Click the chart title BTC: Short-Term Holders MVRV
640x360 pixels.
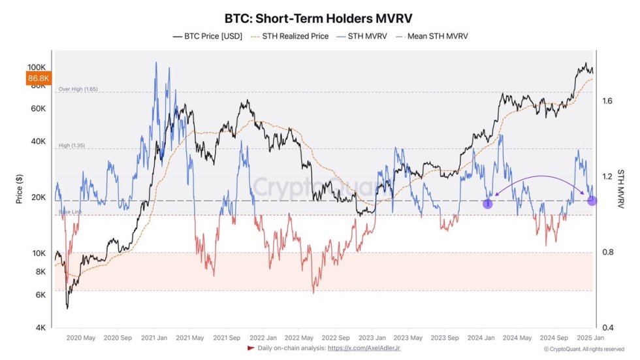(320, 18)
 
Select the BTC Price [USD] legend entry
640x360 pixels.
(207, 37)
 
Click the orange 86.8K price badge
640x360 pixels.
(37, 78)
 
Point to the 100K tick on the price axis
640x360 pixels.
(36, 67)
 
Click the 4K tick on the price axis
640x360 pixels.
(40, 327)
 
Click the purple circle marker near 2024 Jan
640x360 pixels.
(487, 204)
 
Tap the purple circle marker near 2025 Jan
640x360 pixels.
(592, 201)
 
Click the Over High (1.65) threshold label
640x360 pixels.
(78, 89)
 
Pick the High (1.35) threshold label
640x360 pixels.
(73, 146)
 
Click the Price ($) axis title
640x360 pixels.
(19, 189)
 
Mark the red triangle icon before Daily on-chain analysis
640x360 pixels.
(251, 349)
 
